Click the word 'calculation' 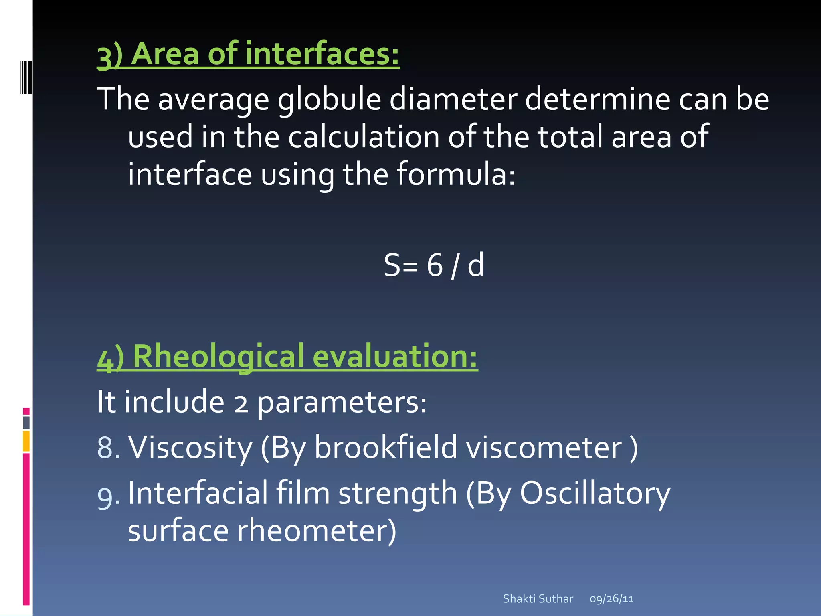[x=363, y=137]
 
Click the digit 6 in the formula [x=435, y=265]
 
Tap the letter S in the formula [x=392, y=265]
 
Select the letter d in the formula [x=476, y=265]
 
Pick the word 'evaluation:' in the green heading [x=395, y=356]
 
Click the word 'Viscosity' [x=190, y=448]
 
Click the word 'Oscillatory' [x=595, y=493]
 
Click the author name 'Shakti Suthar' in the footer [x=538, y=599]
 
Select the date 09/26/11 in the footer [x=611, y=599]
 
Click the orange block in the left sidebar [x=26, y=441]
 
